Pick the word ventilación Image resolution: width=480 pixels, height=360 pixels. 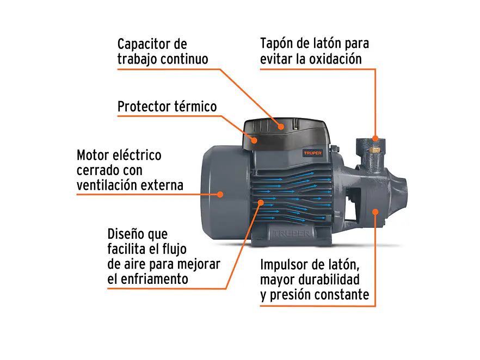point(107,185)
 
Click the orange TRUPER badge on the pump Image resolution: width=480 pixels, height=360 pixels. point(312,153)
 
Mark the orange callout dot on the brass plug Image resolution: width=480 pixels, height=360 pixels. point(375,138)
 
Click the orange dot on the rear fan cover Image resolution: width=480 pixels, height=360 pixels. point(220,194)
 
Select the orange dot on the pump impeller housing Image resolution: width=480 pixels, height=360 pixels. point(375,210)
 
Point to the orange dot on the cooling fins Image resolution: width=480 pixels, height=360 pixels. point(261,202)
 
